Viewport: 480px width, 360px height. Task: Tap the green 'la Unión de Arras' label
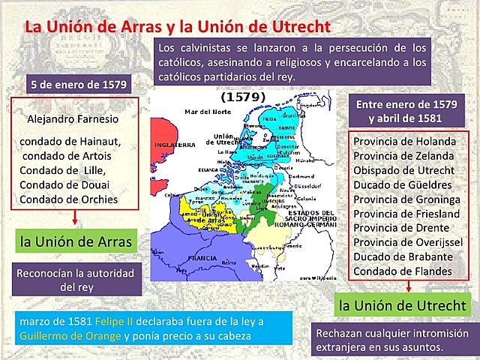(x=75, y=241)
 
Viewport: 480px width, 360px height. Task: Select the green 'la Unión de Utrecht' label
(x=403, y=305)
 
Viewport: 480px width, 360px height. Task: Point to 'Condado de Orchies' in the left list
(x=68, y=199)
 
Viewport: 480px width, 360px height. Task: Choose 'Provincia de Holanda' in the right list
(x=404, y=141)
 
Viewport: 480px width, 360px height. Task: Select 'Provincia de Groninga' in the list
(x=406, y=199)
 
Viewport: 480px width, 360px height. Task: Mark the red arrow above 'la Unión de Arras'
(x=76, y=218)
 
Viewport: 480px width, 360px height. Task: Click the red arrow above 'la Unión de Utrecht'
(x=408, y=286)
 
